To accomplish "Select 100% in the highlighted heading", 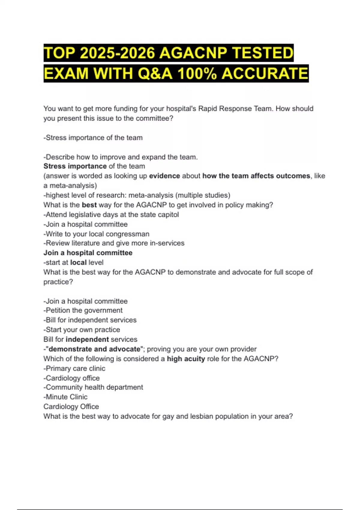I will click(x=197, y=73).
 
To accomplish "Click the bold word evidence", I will click(x=164, y=176).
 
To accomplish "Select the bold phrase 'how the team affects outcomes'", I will click(x=256, y=176).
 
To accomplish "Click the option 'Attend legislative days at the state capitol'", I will click(x=111, y=215).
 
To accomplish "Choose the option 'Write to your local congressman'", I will click(x=97, y=234).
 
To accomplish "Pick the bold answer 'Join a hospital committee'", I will click(x=88, y=253).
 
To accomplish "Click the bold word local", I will click(x=78, y=262).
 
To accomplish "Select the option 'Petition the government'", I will click(x=83, y=310).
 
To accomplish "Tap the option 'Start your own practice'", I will click(x=82, y=330).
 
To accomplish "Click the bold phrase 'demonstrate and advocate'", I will click(x=94, y=349).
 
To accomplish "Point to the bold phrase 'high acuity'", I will click(x=186, y=359).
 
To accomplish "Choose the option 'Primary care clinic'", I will click(x=74, y=368).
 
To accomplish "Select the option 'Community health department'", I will click(x=93, y=387).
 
